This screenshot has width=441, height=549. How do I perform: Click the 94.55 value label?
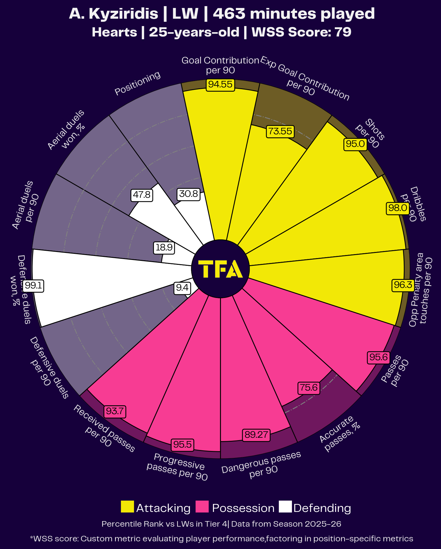point(220,84)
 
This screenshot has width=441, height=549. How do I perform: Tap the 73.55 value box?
point(280,131)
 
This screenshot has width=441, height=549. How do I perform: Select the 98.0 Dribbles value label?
point(398,208)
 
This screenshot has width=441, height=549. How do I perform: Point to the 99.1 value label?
point(33,286)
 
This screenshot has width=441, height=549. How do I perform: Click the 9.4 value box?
point(182,288)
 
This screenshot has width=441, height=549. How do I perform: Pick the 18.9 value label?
point(164,248)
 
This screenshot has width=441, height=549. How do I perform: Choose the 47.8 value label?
point(142,195)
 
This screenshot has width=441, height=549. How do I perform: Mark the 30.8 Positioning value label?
point(189,194)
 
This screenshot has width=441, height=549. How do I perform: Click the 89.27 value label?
point(256,435)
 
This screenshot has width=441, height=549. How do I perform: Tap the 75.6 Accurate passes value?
point(309,388)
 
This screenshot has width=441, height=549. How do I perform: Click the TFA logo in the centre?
point(220,269)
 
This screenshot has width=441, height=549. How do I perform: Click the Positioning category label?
point(137,83)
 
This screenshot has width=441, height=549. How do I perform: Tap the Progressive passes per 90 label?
point(178,467)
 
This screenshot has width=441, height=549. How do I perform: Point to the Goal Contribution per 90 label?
point(220,65)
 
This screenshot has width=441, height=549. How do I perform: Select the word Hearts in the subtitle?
point(114,32)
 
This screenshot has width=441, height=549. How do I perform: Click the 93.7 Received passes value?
point(115,411)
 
